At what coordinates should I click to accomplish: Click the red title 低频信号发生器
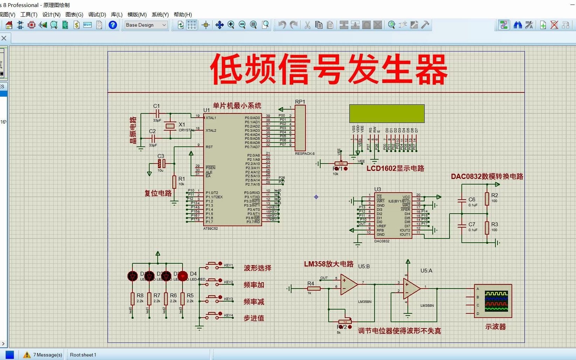click(329, 69)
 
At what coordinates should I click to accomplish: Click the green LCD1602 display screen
click(387, 113)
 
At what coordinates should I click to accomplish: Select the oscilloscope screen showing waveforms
click(496, 301)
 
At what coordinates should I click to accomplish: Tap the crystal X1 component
click(170, 126)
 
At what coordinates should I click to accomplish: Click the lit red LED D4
click(183, 276)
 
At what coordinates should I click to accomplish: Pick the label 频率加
click(254, 285)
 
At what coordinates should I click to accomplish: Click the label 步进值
click(254, 318)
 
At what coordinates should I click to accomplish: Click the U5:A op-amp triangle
click(411, 289)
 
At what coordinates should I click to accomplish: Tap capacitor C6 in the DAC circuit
click(462, 200)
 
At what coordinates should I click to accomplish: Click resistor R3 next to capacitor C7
click(487, 228)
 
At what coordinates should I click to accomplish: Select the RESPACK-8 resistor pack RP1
click(300, 128)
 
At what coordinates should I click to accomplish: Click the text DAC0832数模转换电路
click(487, 176)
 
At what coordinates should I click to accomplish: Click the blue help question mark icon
click(113, 25)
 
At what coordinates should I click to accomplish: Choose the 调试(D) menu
click(97, 14)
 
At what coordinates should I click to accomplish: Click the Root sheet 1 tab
click(83, 355)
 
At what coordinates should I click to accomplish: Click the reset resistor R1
click(174, 182)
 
